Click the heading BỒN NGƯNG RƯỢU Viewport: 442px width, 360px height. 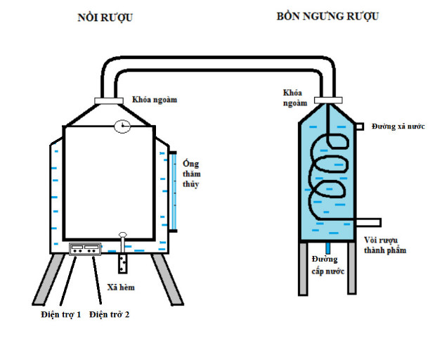[328, 16]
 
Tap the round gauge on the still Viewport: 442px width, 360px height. [122, 127]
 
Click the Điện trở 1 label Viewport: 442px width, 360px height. [60, 314]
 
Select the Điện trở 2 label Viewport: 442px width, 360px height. [109, 314]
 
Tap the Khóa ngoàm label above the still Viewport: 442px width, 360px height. [155, 99]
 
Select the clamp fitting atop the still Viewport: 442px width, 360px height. [108, 101]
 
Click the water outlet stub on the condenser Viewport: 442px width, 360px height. [358, 127]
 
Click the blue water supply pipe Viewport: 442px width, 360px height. [327, 249]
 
